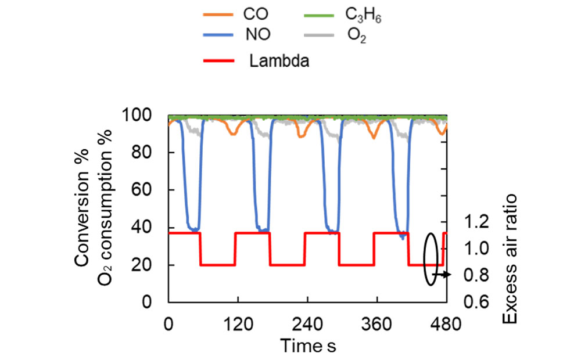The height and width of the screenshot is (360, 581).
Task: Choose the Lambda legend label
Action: [x=279, y=60]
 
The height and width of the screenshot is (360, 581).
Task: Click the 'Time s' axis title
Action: [x=308, y=345]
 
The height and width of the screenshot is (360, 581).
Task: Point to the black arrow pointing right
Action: [x=444, y=275]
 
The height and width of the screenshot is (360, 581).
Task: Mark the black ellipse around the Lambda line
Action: [x=430, y=259]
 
